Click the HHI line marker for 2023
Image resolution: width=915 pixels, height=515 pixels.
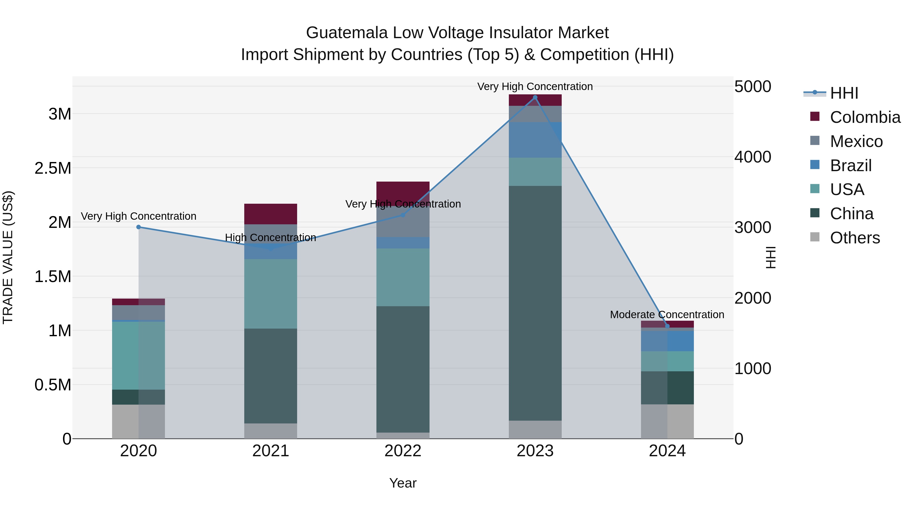[535, 97]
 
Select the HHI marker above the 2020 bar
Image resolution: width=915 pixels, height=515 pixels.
[139, 227]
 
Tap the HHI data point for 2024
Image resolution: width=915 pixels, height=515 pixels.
[667, 326]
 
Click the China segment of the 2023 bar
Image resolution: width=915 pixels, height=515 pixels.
[535, 302]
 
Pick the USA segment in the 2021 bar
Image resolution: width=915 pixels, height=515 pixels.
[271, 293]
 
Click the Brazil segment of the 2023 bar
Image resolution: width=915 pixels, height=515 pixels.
[535, 140]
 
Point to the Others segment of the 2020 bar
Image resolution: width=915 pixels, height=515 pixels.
[139, 421]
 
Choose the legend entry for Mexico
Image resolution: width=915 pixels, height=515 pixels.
[856, 141]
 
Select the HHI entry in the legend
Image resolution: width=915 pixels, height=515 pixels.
[844, 93]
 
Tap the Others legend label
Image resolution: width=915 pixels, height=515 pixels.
[855, 238]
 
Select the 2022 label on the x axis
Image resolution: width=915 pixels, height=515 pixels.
[403, 451]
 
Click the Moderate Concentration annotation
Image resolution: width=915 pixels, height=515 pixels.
[667, 315]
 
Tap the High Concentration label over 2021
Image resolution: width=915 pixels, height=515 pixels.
[270, 238]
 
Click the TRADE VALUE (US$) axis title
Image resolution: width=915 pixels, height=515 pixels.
[8, 257]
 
